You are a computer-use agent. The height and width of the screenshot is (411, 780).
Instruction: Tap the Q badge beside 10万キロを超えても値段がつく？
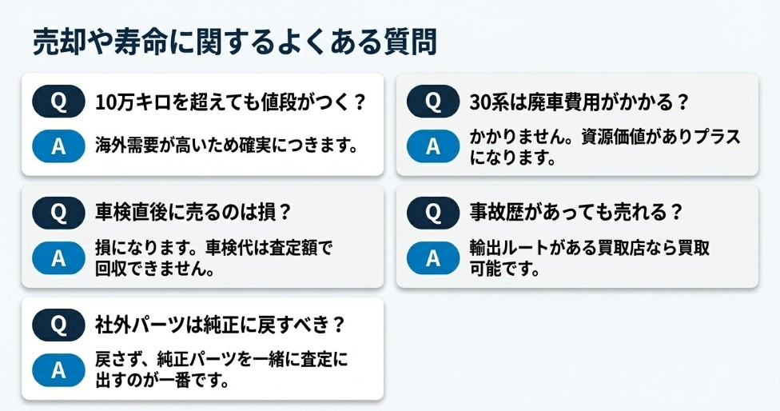point(58,102)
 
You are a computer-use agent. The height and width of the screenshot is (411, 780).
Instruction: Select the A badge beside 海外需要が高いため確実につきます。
point(58,146)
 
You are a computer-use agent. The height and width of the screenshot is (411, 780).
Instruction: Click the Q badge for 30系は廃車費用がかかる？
point(433,102)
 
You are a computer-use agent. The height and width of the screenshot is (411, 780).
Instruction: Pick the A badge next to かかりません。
point(433,146)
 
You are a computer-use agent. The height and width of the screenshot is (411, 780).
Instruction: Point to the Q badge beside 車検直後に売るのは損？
point(58,213)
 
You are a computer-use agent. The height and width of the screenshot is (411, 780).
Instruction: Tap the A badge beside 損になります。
point(58,257)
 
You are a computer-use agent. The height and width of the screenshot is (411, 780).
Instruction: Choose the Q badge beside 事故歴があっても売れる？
point(433,213)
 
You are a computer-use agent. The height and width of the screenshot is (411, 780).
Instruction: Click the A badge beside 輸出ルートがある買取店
point(433,257)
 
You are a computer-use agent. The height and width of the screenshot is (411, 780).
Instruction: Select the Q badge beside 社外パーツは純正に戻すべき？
point(58,325)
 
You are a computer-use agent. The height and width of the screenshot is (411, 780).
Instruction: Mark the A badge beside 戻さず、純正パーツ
point(58,369)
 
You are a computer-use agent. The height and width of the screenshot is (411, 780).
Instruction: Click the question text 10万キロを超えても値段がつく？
point(230,102)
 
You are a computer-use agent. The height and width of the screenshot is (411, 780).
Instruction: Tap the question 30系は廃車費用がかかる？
point(580,102)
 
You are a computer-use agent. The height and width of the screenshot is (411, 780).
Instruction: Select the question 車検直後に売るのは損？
point(193,213)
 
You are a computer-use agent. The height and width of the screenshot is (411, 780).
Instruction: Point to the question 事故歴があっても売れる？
point(577,213)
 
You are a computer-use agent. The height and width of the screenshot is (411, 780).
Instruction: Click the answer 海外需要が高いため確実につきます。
point(225,146)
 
